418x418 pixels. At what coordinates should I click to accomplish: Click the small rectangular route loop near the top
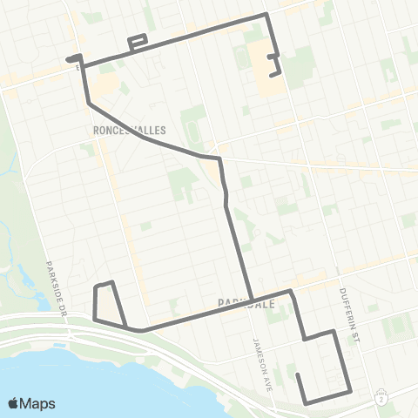pos(138,42)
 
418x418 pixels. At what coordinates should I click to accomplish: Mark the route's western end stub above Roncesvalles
pos(67,59)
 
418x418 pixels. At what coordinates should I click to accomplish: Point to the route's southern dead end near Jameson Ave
pos(298,375)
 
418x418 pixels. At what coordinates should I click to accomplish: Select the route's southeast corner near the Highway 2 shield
pos(349,389)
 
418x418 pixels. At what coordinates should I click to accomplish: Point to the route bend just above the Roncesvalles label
pos(90,104)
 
